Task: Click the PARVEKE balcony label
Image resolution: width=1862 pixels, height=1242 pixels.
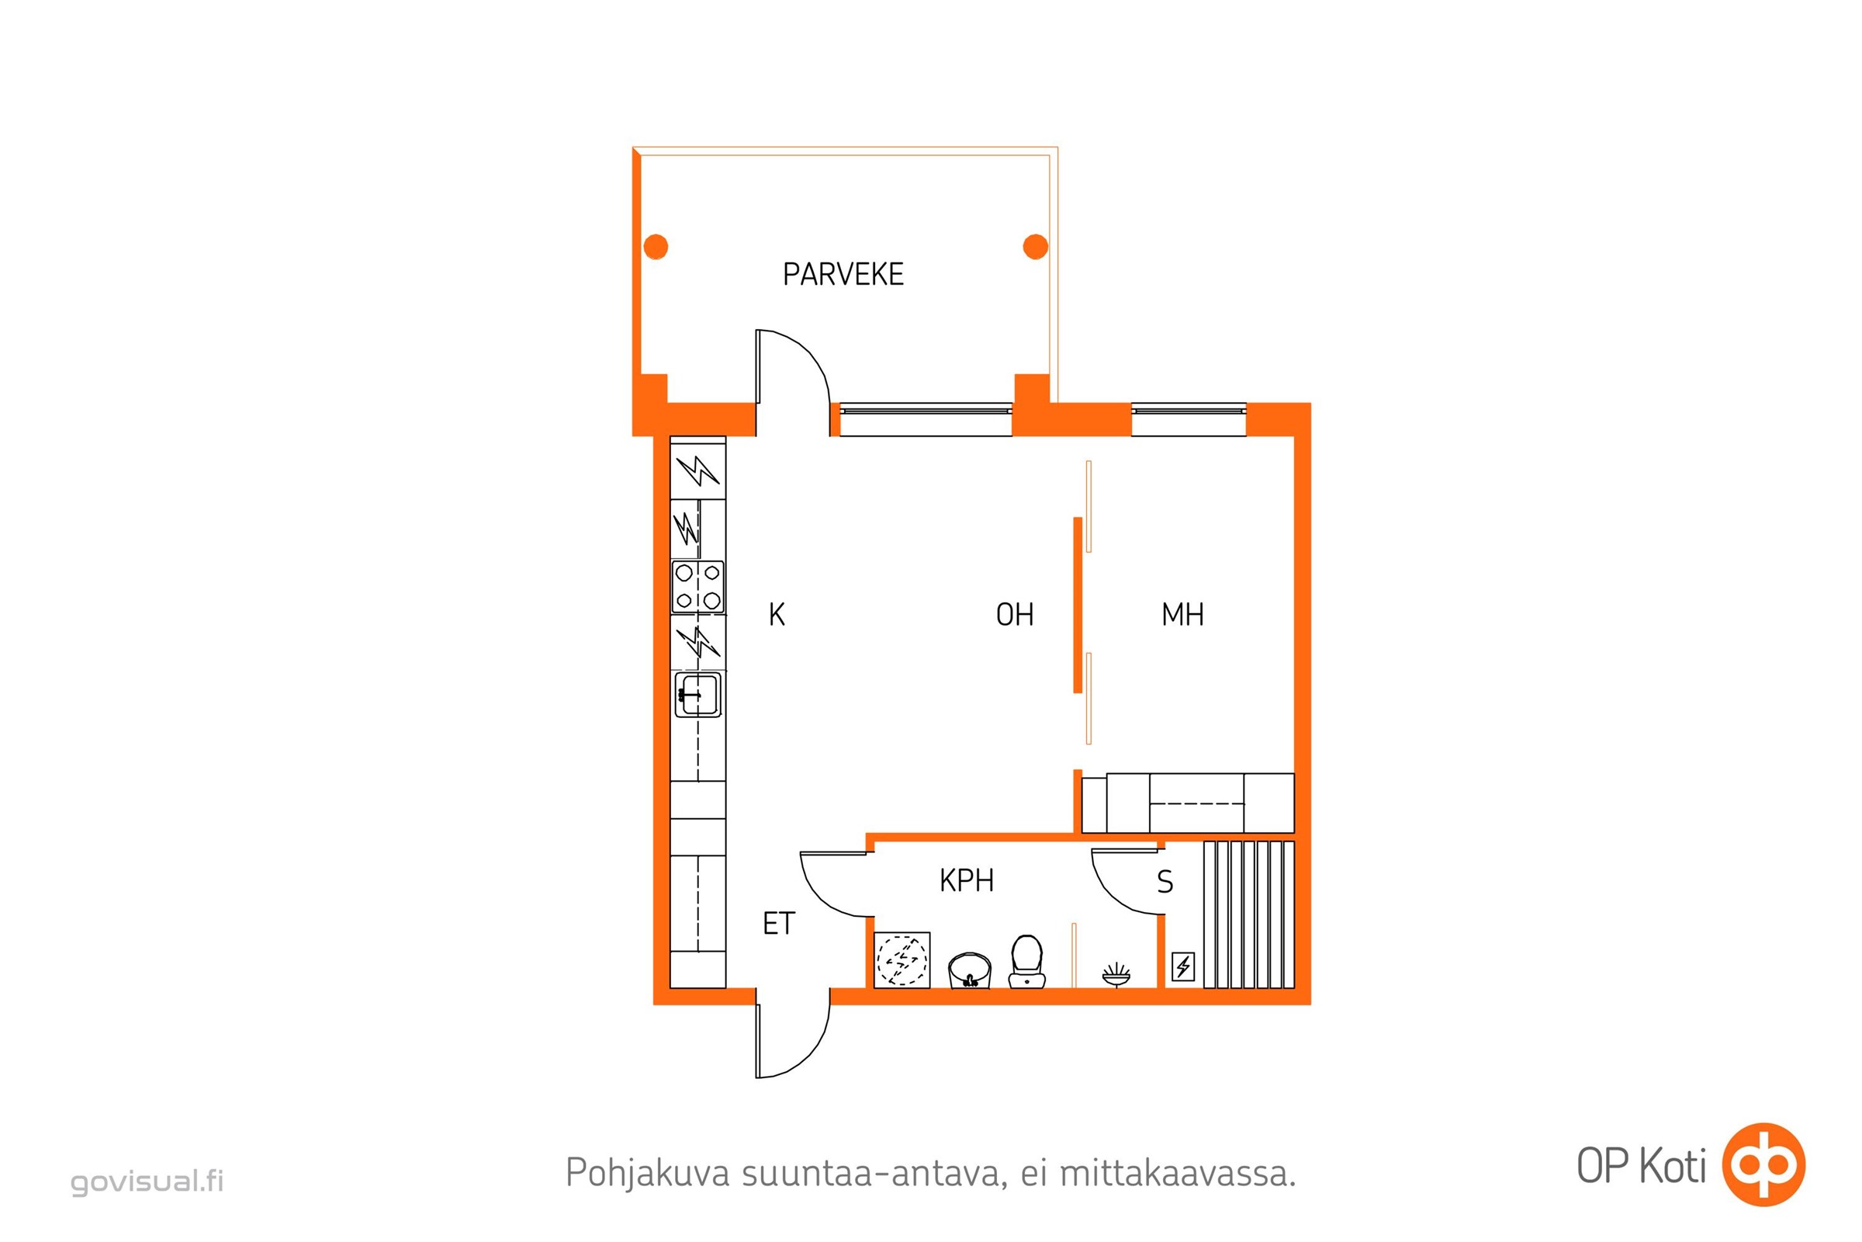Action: coord(843,274)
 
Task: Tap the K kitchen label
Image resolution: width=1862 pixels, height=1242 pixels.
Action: coord(777,615)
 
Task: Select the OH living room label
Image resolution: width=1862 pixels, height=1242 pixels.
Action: coord(1015,615)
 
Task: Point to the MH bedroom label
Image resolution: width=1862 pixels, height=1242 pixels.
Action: coord(1182,615)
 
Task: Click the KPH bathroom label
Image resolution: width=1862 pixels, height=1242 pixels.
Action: coord(967,881)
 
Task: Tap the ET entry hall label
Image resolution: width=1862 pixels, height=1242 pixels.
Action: coord(779,924)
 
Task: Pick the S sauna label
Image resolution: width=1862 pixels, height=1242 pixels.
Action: coord(1165,882)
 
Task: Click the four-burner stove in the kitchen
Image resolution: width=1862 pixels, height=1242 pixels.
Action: coord(697,587)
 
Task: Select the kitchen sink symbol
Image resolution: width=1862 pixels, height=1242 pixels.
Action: coord(697,695)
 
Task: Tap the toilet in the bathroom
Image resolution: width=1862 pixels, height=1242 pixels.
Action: coord(1026,961)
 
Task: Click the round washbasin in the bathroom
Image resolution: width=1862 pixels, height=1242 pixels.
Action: coord(970,970)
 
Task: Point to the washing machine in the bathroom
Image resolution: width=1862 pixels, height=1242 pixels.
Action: coord(902,960)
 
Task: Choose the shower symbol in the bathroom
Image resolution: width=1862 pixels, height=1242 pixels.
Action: coord(1116,975)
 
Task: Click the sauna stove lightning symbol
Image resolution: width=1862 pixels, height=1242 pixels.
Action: coord(1182,966)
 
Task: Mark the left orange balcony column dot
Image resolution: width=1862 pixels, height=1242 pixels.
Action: coord(656,246)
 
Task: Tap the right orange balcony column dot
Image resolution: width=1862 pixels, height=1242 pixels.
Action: coord(1036,246)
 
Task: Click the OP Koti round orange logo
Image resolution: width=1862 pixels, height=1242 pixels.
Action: coord(1764,1164)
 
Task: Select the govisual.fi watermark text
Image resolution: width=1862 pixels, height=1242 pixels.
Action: coord(147,1181)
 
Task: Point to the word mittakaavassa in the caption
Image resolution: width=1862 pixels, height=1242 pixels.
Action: coord(1178,1173)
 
